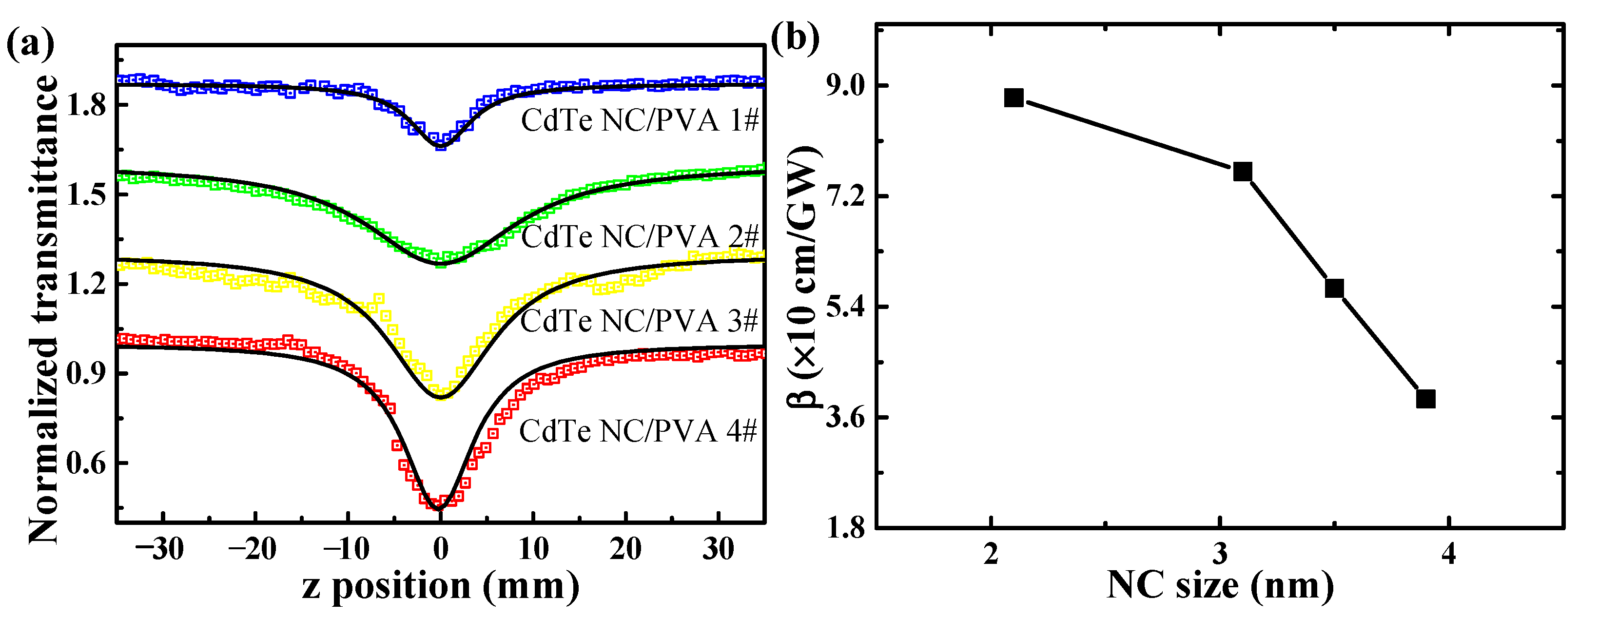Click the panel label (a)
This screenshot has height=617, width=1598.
30,45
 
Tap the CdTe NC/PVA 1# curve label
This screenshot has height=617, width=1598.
640,120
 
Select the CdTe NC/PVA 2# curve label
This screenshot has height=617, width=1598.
640,236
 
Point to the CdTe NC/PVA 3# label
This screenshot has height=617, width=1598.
639,321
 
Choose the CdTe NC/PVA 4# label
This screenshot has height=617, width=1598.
638,430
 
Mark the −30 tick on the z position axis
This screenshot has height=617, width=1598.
159,549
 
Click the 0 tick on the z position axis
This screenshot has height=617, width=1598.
440,549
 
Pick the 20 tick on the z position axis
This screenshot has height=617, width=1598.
625,549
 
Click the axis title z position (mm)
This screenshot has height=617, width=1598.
440,586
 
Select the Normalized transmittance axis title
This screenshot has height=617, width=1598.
43,310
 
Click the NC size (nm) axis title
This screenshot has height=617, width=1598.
1220,586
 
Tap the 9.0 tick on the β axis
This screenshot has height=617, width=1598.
845,86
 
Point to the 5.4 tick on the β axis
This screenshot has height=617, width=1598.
845,307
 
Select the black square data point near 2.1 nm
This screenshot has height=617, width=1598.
1013,97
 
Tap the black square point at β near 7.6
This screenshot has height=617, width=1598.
1243,172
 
